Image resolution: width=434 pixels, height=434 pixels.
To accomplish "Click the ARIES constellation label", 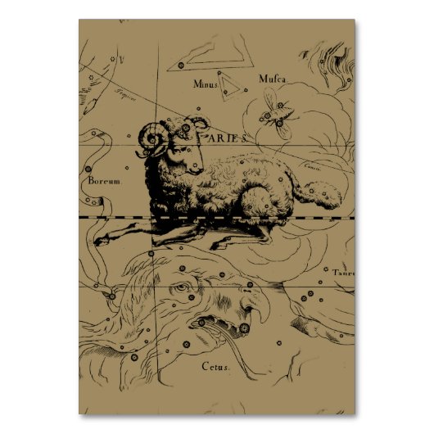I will point(223,138).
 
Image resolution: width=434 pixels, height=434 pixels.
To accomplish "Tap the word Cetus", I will point(216,366).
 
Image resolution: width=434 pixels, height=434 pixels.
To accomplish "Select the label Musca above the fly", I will point(272,79).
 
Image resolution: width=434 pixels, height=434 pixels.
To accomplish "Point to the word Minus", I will point(206,84).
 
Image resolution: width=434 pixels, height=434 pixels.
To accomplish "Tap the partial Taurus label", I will point(342,274).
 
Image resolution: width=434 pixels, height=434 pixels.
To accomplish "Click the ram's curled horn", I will point(152,138).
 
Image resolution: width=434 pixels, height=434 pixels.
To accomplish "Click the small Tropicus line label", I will point(124,93).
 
